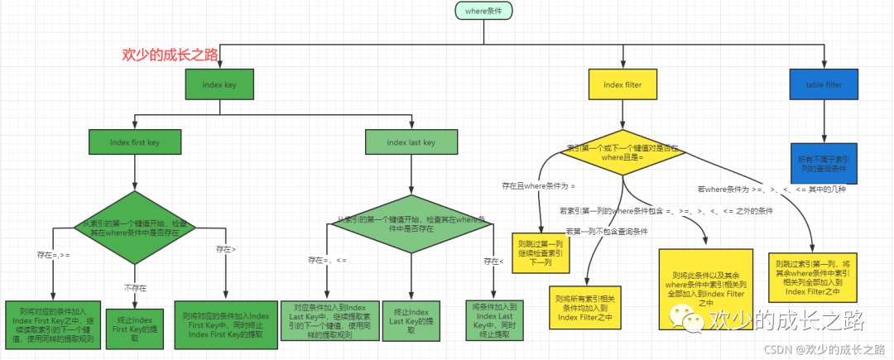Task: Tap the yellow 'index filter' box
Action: [x=622, y=84]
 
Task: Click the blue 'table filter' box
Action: [x=824, y=84]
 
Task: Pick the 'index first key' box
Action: [x=135, y=142]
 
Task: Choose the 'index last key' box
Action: [x=411, y=142]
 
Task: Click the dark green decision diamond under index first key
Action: [x=135, y=228]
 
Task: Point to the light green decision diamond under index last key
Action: [x=411, y=226]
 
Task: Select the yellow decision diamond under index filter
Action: [x=622, y=153]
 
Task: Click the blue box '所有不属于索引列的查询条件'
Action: [x=824, y=163]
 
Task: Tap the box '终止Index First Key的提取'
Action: [x=134, y=325]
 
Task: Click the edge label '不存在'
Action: [x=136, y=287]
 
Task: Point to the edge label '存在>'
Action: [x=226, y=248]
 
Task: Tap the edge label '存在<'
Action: [x=493, y=262]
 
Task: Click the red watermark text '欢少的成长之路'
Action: [x=170, y=55]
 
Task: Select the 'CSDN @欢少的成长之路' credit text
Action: [x=828, y=349]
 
